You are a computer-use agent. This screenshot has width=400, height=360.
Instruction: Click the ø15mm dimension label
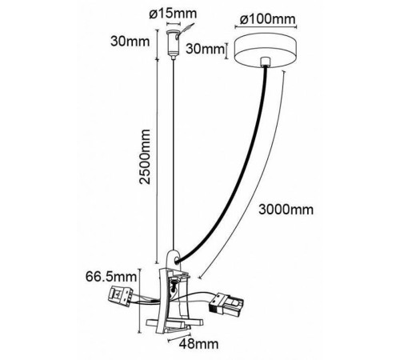173,14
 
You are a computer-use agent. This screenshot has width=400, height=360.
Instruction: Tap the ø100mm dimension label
267,19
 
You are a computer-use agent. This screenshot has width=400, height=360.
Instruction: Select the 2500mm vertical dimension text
145,157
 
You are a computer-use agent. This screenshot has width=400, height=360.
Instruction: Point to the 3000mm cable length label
286,210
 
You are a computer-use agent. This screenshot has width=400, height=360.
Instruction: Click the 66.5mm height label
111,277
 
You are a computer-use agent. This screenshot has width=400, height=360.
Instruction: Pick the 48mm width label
198,344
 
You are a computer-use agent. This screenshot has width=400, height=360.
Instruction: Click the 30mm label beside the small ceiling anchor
130,42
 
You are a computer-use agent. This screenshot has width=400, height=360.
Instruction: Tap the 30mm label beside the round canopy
205,49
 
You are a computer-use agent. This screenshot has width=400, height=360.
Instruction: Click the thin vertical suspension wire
174,154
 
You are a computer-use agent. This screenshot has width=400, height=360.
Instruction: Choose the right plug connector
226,303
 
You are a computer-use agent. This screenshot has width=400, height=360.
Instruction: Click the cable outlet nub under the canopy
265,62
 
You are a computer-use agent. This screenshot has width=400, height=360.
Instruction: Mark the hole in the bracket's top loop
176,261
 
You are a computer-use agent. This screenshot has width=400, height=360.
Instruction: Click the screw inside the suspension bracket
174,285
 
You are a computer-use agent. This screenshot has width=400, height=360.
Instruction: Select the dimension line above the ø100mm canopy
266,26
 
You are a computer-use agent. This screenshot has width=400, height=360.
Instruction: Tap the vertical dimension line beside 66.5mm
139,301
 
